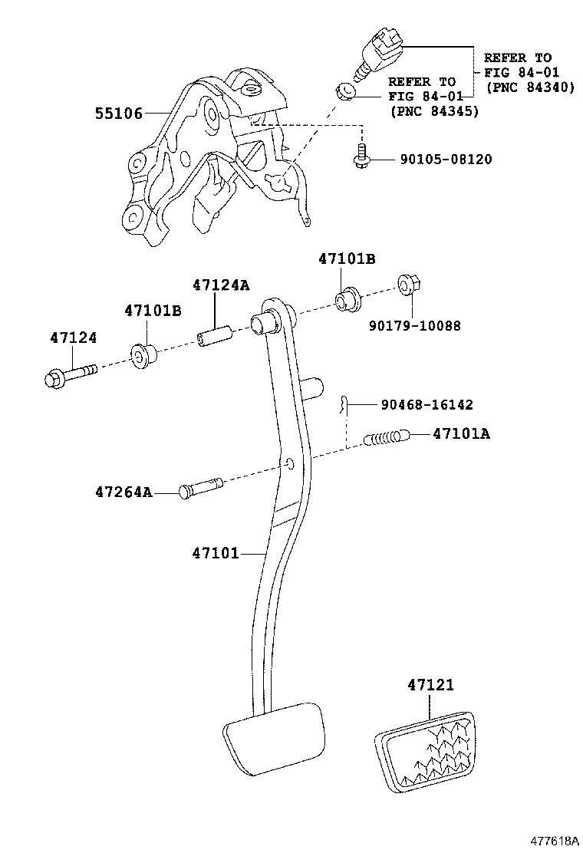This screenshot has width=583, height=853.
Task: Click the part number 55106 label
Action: click(119, 114)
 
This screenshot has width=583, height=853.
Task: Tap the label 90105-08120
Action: click(445, 160)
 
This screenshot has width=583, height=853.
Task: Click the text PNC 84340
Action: click(530, 87)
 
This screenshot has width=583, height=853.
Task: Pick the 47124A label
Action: click(221, 285)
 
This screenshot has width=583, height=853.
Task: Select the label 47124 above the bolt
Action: click(74, 337)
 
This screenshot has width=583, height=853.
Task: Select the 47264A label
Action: click(124, 492)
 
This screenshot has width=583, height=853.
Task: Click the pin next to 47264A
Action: click(201, 487)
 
